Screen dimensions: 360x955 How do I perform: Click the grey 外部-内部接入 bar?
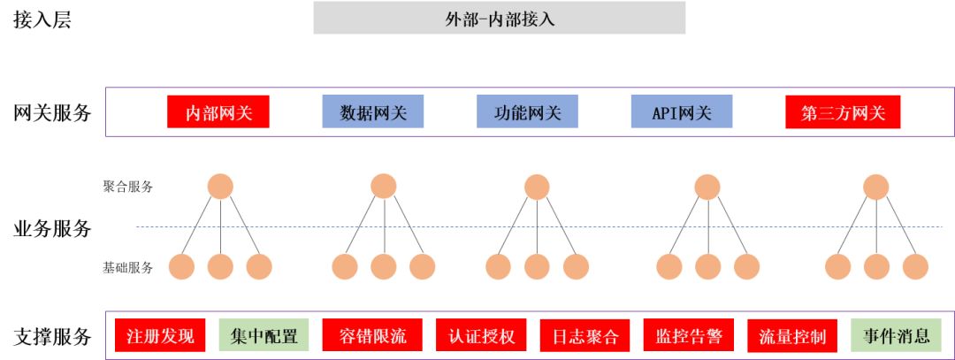(499, 18)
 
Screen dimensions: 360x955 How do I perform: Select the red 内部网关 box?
(218, 112)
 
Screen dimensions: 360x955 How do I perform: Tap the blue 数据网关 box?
(372, 112)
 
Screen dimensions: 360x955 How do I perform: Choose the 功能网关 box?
(527, 112)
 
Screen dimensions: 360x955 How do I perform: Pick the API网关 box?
(681, 112)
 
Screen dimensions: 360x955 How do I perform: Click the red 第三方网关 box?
(842, 112)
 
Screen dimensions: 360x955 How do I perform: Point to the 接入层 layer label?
(42, 20)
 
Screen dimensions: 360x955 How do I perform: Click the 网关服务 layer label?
(52, 112)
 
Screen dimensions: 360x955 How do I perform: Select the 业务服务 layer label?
(52, 228)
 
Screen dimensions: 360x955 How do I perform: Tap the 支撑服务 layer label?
(52, 336)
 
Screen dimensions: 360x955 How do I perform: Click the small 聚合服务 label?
(127, 187)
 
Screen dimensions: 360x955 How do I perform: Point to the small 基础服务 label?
(127, 267)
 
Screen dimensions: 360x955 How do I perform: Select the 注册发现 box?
(160, 336)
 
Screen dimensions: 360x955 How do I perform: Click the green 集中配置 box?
(264, 336)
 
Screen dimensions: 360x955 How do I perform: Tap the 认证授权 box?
(481, 336)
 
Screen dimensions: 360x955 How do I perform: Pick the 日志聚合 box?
(584, 336)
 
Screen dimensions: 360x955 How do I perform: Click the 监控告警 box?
(689, 336)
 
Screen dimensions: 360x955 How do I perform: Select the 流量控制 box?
(792, 336)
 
